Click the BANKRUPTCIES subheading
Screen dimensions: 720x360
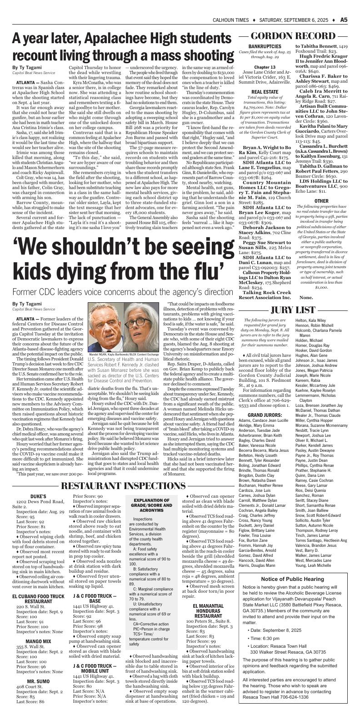[x=265, y=46]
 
